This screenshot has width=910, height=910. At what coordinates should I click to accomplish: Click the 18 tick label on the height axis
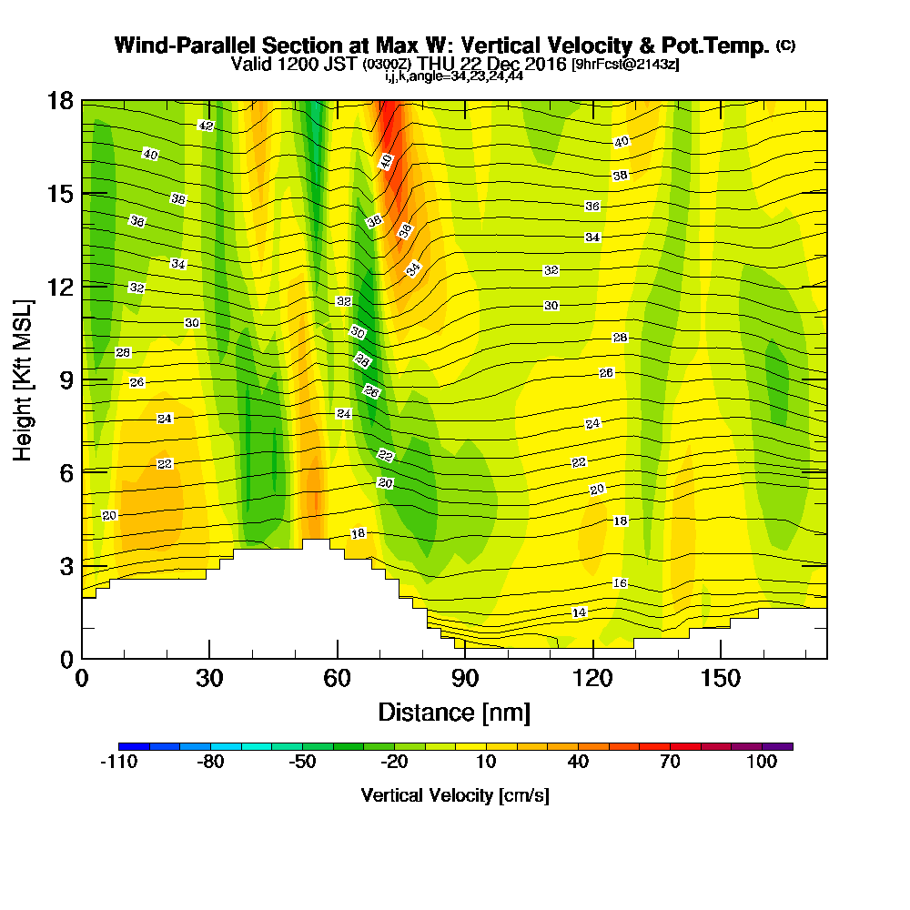[x=60, y=100]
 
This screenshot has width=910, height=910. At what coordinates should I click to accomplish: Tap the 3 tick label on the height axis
[x=66, y=566]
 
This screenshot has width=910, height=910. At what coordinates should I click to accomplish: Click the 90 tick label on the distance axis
[x=465, y=678]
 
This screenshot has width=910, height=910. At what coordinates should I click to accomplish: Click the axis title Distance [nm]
[x=454, y=712]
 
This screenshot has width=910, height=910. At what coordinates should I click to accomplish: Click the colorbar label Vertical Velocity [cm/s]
[x=454, y=795]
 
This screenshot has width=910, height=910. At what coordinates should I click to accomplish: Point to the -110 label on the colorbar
[x=118, y=763]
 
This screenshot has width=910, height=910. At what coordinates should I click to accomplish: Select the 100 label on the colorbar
[x=763, y=763]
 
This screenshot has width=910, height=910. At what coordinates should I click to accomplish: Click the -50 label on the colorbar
[x=302, y=763]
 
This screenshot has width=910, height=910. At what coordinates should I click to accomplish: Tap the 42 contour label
[x=206, y=126]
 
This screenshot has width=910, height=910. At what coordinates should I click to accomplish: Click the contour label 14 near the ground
[x=579, y=612]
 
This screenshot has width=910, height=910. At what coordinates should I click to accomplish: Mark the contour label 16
[x=620, y=583]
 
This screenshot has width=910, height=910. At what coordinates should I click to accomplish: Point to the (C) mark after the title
[x=785, y=45]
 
